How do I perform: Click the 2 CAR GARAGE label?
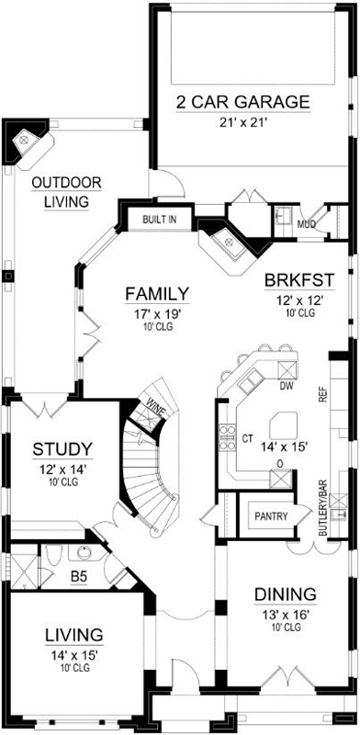(x=242, y=101)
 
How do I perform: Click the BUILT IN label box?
(x=159, y=220)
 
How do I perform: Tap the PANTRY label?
(x=271, y=516)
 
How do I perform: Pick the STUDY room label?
(x=62, y=449)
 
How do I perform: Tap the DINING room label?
(x=285, y=594)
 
